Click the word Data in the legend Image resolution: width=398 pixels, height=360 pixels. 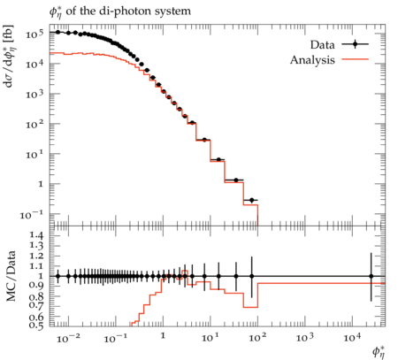pyautogui.click(x=322, y=45)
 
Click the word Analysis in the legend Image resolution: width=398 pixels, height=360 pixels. pyautogui.click(x=312, y=60)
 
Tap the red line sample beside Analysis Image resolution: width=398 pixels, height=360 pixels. pyautogui.click(x=355, y=59)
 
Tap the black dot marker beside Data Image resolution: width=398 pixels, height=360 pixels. pyautogui.click(x=355, y=44)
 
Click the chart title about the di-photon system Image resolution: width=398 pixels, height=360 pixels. pyautogui.click(x=120, y=12)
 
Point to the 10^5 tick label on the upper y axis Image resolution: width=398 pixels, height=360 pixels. pyautogui.click(x=34, y=34)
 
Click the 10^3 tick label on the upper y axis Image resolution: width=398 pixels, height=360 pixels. pyautogui.click(x=34, y=95)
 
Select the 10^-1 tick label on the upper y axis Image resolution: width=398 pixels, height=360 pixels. pyautogui.click(x=32, y=214)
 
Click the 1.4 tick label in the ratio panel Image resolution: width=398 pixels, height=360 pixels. pyautogui.click(x=36, y=235)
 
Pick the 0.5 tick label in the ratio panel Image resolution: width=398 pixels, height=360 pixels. pyautogui.click(x=36, y=325)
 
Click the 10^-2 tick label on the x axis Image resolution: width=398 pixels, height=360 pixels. pyautogui.click(x=68, y=338)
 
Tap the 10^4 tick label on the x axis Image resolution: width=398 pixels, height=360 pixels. pyautogui.click(x=352, y=337)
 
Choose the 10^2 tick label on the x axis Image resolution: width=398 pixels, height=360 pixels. pyautogui.click(x=257, y=337)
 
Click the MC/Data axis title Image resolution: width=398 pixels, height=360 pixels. pyautogui.click(x=11, y=276)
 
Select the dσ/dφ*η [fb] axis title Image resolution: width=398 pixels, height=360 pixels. pyautogui.click(x=9, y=56)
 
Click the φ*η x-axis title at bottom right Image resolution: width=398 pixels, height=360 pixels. pyautogui.click(x=379, y=352)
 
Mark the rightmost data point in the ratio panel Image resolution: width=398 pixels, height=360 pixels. pyautogui.click(x=371, y=276)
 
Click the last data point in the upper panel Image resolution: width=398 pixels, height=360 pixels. pyautogui.click(x=251, y=200)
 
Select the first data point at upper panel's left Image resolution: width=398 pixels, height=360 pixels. pyautogui.click(x=57, y=32)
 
